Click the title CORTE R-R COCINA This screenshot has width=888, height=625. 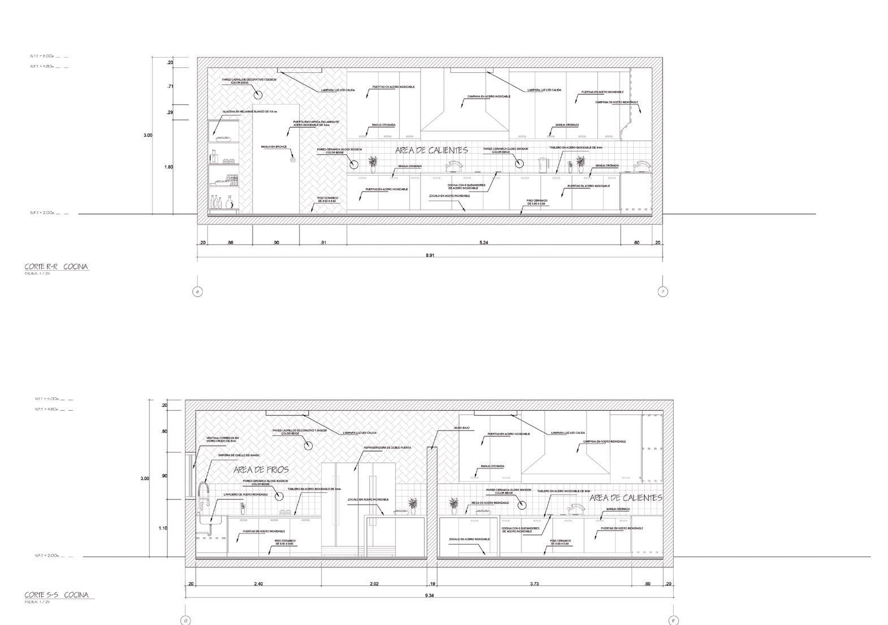pos(57,267)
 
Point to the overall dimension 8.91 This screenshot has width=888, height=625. pos(430,255)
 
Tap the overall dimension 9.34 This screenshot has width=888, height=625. pos(430,596)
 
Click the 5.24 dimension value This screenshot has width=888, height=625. pos(484,243)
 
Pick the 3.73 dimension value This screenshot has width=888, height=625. pos(535,584)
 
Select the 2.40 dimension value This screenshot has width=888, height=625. pos(258,584)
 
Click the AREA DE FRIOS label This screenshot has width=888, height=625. pos(261,470)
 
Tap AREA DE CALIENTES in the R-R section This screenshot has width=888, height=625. pos(431,150)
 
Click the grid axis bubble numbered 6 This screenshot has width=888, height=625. pos(197,292)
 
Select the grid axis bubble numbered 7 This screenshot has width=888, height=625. pos(662,292)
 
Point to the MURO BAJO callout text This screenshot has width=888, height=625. pos(462,428)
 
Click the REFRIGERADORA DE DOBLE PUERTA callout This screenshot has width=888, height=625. pos(387,448)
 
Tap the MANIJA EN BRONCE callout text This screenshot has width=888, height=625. pos(274,147)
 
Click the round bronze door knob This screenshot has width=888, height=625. pos(292,160)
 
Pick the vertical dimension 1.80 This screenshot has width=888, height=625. pos(168,167)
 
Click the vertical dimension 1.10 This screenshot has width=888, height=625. pos(163,528)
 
